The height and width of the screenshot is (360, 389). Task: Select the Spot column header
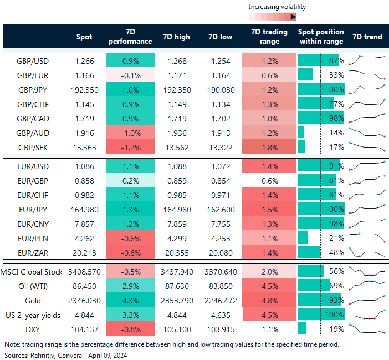click(84, 37)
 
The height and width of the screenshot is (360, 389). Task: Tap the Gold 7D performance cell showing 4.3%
click(129, 300)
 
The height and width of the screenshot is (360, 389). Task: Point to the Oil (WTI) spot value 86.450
click(84, 286)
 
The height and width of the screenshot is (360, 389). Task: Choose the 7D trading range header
click(266, 37)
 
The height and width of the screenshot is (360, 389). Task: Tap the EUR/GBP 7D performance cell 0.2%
click(129, 180)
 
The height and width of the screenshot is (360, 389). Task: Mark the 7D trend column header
click(367, 37)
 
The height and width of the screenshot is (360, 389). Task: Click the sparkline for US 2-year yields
click(367, 315)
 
